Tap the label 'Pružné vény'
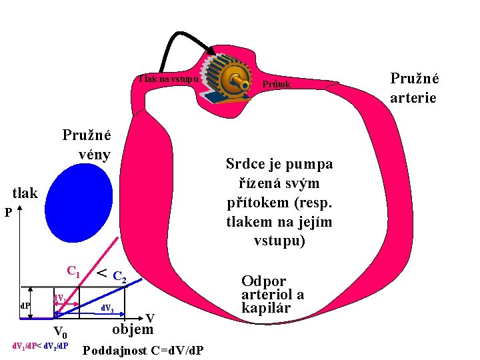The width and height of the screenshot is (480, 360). click(87, 144)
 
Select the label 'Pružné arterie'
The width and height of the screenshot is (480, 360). click(414, 88)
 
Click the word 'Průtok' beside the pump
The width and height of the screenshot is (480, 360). click(277, 85)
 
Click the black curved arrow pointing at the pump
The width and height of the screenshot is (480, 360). click(180, 30)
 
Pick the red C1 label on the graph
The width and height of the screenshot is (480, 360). click(73, 271)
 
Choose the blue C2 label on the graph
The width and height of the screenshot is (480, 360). click(119, 276)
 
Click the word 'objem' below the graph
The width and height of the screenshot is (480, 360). click(133, 329)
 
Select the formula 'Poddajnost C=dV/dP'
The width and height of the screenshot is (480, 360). click(143, 351)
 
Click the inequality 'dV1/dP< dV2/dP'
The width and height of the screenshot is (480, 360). click(41, 347)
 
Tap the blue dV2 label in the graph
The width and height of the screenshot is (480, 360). click(107, 309)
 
